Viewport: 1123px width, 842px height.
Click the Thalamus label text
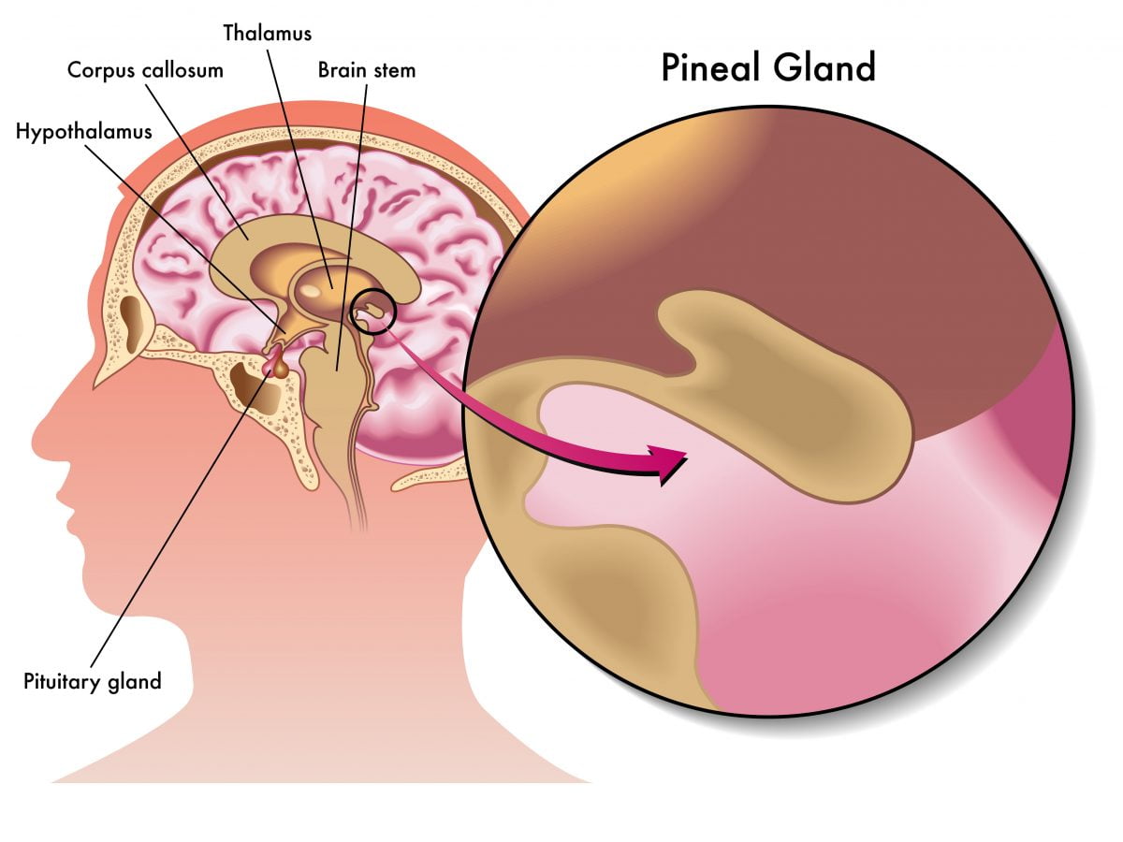267,33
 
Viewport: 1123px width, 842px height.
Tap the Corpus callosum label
145,70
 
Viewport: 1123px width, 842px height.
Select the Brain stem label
366,70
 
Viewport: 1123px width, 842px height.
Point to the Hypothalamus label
83,131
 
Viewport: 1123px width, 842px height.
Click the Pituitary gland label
92,680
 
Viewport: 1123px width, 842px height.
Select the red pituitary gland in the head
277,365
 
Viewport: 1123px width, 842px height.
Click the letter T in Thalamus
228,33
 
